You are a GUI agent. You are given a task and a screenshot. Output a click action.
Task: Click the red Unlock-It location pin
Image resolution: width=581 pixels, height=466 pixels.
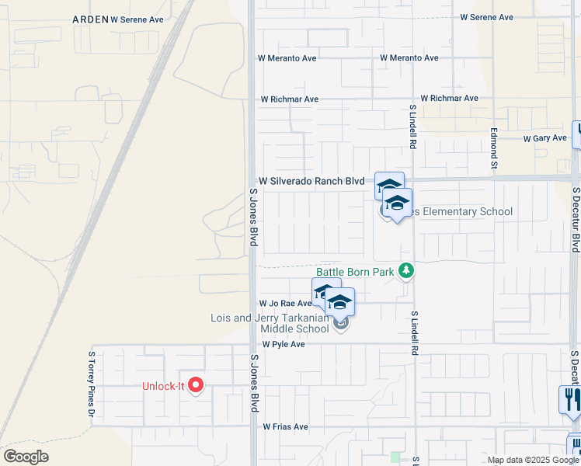point(196,384)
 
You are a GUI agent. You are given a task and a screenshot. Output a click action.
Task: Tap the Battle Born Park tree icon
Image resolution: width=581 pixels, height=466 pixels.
point(405,271)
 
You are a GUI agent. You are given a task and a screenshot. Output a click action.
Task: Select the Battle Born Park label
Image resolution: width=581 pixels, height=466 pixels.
point(354,273)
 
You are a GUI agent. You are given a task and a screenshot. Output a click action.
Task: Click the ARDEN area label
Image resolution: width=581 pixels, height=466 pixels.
point(90,18)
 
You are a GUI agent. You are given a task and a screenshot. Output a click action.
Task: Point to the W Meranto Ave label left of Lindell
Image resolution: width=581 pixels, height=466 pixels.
point(288,58)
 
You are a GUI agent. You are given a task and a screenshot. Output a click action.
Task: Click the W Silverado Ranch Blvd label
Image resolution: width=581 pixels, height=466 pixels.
point(312,181)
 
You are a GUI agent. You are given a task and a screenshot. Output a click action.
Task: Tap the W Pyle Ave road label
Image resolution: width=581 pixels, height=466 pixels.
point(284,344)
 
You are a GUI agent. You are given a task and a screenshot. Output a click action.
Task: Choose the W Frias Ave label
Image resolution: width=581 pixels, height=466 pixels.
point(285,426)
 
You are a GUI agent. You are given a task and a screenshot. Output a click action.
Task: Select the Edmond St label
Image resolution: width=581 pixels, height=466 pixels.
point(494,148)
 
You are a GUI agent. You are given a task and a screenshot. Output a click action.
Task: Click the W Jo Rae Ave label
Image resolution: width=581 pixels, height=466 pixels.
point(284,304)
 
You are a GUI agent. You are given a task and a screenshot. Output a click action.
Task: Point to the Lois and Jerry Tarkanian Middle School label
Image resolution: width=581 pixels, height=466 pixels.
point(270,323)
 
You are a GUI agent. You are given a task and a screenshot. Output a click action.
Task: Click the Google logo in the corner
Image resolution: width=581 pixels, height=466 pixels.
point(26,456)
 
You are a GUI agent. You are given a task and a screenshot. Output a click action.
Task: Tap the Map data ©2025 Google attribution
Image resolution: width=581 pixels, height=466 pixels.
point(534,460)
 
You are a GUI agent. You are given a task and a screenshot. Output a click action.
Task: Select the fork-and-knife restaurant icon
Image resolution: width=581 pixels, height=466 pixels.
point(571,401)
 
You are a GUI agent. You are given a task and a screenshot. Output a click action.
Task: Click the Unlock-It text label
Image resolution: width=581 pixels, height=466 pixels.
point(163,386)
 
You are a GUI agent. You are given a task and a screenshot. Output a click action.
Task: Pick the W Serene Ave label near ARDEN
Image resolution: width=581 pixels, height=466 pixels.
point(137,18)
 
